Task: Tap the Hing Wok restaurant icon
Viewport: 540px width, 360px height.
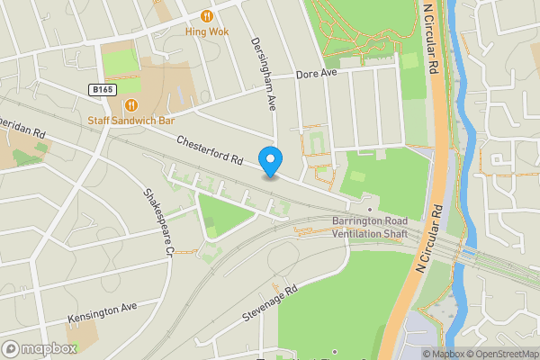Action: point(208,15)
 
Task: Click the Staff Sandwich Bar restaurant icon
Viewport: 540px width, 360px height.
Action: point(131,104)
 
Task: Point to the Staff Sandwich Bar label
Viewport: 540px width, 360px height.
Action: point(131,120)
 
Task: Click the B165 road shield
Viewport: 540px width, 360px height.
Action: point(102,90)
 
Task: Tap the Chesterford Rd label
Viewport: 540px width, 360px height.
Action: point(211,149)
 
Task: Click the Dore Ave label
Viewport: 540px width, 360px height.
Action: point(317,74)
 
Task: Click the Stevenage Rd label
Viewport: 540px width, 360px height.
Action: point(269,306)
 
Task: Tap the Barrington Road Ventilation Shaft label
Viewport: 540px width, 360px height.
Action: point(357,228)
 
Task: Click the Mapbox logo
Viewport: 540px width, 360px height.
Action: point(39,348)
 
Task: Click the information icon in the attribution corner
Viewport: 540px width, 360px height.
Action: point(413,353)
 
